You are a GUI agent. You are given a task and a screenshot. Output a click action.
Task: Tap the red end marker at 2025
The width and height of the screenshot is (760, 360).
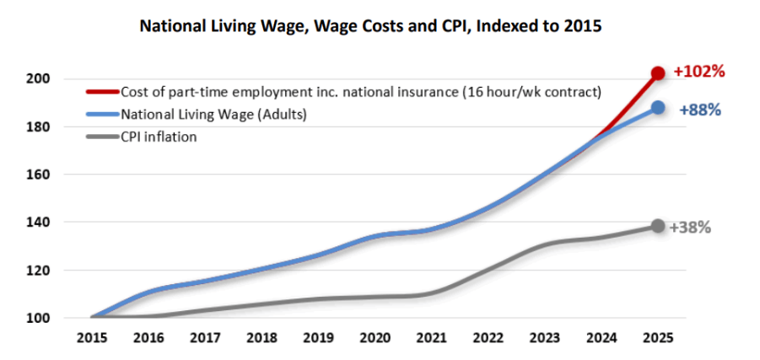pyautogui.click(x=658, y=73)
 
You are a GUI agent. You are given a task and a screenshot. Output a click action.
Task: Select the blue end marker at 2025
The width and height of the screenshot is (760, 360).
pyautogui.click(x=657, y=108)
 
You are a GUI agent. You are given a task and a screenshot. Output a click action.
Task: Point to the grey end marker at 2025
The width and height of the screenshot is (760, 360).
pyautogui.click(x=657, y=226)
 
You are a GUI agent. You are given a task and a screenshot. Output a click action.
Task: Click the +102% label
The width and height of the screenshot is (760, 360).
pyautogui.click(x=699, y=72)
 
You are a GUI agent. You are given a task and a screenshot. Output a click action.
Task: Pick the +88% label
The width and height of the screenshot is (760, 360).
pyautogui.click(x=699, y=109)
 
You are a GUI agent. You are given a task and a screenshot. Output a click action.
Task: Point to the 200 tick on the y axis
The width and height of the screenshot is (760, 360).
pyautogui.click(x=41, y=79)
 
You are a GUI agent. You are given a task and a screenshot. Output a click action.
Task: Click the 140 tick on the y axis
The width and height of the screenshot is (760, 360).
pyautogui.click(x=41, y=223)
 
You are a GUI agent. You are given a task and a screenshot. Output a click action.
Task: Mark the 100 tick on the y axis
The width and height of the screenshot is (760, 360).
pyautogui.click(x=41, y=319)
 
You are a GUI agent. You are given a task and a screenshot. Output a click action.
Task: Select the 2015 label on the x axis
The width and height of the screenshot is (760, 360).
pyautogui.click(x=90, y=339)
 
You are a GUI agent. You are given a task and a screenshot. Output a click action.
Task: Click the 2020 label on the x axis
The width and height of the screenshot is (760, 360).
pyautogui.click(x=374, y=339)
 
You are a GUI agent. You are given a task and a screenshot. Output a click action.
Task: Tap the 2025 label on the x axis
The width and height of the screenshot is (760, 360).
pyautogui.click(x=657, y=339)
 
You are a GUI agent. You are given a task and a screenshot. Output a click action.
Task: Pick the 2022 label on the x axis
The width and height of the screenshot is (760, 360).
pyautogui.click(x=487, y=339)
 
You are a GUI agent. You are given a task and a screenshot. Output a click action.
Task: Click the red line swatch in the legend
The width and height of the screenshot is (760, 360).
pyautogui.click(x=102, y=92)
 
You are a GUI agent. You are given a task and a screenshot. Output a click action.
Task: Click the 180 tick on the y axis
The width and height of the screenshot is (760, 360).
pyautogui.click(x=41, y=127)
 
